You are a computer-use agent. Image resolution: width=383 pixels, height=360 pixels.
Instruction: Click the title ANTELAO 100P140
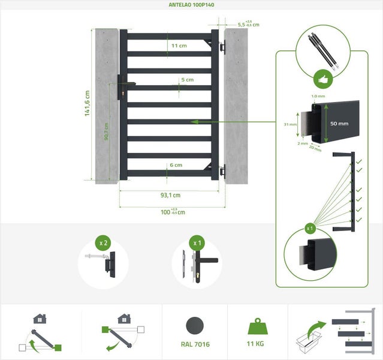pos(191,5)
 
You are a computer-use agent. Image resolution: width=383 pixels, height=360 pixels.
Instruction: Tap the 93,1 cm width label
pos(171,195)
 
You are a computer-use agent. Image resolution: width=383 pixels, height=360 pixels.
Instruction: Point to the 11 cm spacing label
pos(179,46)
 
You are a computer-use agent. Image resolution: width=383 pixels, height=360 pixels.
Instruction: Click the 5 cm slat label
pos(187,80)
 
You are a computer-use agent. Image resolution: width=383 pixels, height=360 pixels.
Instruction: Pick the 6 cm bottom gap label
pos(176,165)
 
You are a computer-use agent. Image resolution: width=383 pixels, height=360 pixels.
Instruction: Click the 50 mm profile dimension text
pos(339,123)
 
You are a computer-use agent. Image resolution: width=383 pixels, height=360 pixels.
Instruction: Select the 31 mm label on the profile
pos(290,124)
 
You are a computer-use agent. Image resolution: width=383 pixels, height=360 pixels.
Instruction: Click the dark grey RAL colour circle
pos(194,326)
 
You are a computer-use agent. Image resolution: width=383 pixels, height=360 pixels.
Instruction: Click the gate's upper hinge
pos(222,46)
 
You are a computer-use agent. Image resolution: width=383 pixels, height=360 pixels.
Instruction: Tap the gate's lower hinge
pos(222,171)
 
